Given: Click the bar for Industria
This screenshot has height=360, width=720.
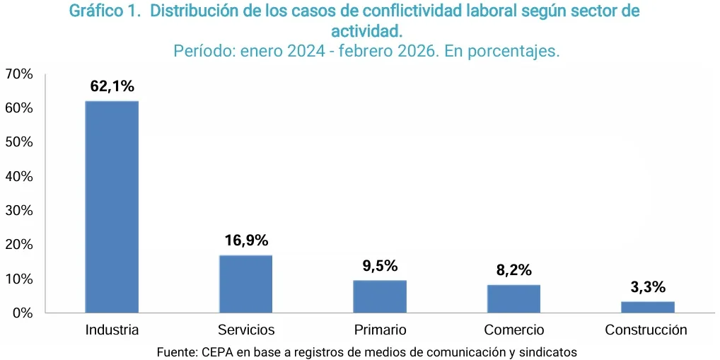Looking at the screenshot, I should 112,207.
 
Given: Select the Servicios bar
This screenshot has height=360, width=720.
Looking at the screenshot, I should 245,284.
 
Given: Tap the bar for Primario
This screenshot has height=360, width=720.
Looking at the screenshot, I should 380,296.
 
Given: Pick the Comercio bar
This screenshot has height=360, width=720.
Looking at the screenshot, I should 513,298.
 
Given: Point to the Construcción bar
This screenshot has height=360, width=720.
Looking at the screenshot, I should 647,307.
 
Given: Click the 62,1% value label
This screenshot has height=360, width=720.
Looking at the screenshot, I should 112,86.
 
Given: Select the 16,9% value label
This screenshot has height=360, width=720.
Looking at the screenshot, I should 246,240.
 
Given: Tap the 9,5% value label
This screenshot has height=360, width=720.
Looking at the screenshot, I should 380,266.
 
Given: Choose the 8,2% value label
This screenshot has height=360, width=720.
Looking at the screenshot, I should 513,270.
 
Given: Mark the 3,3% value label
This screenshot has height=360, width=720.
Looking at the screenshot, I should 647,287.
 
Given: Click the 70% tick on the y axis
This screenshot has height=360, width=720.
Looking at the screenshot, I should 19,74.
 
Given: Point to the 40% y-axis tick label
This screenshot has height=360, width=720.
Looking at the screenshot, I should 19,176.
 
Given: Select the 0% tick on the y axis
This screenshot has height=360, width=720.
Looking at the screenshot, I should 23,313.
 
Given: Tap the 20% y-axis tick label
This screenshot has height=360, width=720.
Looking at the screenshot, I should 19,245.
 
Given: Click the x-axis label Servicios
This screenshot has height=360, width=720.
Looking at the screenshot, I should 246,330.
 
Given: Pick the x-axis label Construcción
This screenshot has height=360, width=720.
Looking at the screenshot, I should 646,330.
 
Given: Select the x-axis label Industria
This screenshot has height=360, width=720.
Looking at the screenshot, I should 112,330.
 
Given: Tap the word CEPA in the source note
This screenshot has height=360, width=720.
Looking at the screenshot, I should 218,352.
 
